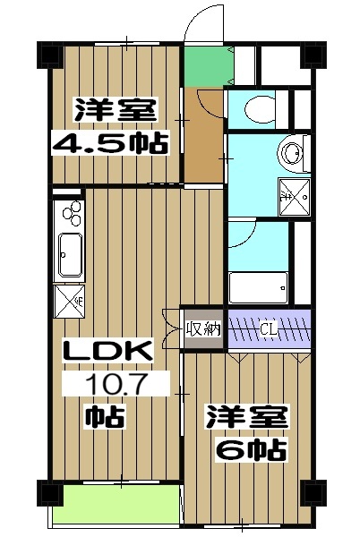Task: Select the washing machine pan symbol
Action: coord(292,191)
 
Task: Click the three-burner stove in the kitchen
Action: coord(69,215)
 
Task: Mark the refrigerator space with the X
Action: coord(69,298)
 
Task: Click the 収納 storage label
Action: coord(203,328)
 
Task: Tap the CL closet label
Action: coord(269,328)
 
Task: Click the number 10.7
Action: coord(115,385)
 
